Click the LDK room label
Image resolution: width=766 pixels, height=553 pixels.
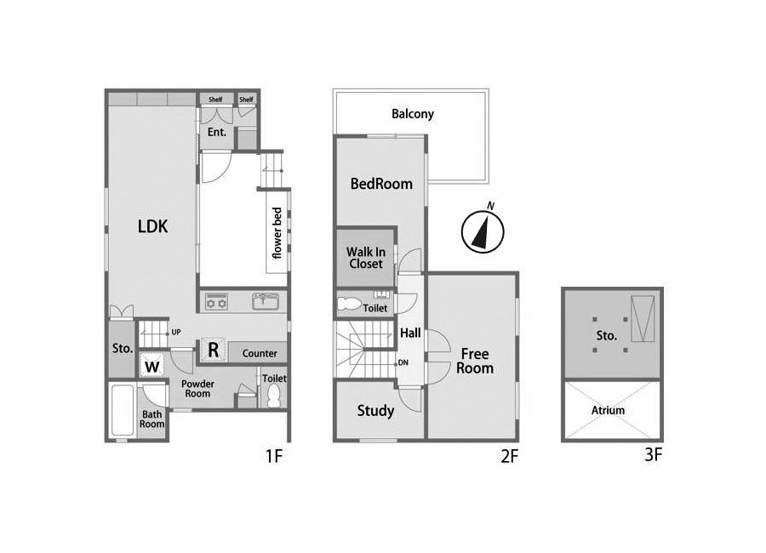pos(153,226)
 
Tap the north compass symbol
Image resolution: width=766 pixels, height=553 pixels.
pos(483,231)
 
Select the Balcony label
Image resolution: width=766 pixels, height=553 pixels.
pos(413,114)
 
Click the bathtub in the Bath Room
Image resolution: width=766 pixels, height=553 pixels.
pos(122,411)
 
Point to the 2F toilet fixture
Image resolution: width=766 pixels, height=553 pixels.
pos(349,304)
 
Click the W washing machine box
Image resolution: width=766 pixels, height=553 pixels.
pos(152,367)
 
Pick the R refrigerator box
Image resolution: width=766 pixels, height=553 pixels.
pos(214,350)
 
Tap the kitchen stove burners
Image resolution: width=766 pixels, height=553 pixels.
pos(216,301)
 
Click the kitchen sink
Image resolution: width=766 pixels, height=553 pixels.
pos(266,301)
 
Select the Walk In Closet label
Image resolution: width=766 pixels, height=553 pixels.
pos(366,258)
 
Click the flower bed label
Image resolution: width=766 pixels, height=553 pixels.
pos(277,233)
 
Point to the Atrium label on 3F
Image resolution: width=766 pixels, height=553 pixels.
pos(608,410)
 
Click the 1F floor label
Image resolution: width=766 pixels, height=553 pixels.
pos(274,456)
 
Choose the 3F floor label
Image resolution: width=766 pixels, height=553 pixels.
pos(653,455)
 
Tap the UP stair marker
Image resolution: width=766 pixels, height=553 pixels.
pos(176,332)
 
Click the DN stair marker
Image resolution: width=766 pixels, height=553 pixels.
pos(403,362)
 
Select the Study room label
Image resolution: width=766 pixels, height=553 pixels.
pos(375,411)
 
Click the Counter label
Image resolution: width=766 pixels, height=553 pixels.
pos(260,353)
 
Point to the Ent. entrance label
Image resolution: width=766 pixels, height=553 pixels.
pos(217,132)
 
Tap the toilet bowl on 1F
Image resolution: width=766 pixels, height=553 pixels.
pos(274,396)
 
